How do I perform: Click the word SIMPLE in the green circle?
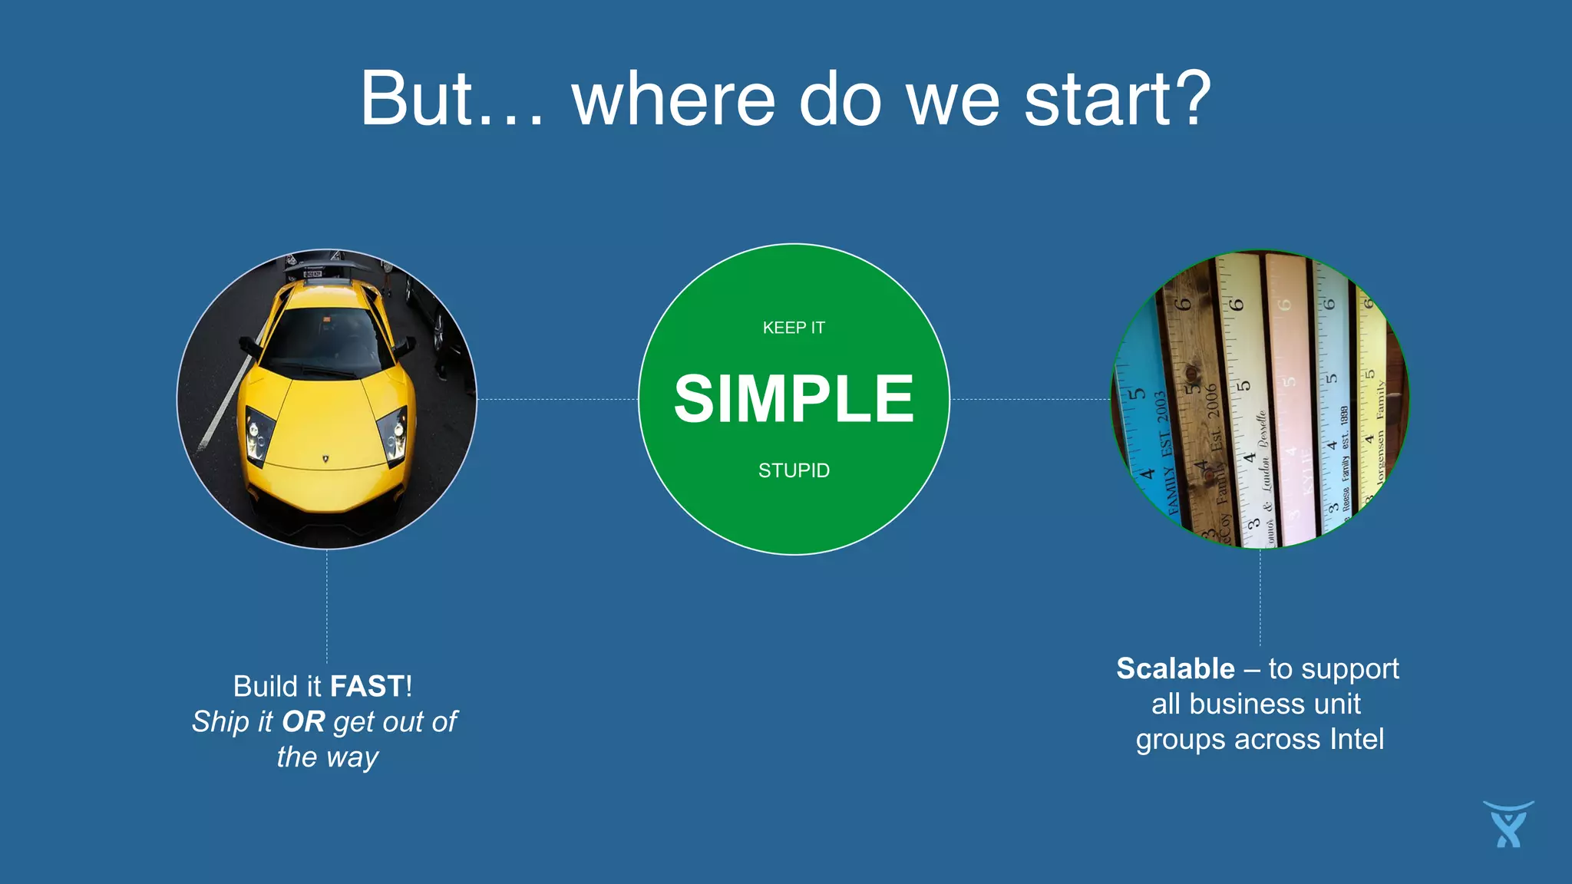[x=794, y=400]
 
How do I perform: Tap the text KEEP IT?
[x=794, y=328]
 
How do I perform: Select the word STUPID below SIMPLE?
[x=794, y=470]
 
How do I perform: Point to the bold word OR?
[x=303, y=721]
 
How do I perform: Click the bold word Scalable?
[x=1175, y=668]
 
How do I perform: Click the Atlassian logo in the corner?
[x=1508, y=824]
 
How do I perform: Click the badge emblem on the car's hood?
[x=325, y=459]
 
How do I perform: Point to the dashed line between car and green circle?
[x=557, y=399]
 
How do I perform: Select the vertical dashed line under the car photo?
[x=327, y=606]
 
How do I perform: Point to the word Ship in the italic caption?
[x=220, y=721]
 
